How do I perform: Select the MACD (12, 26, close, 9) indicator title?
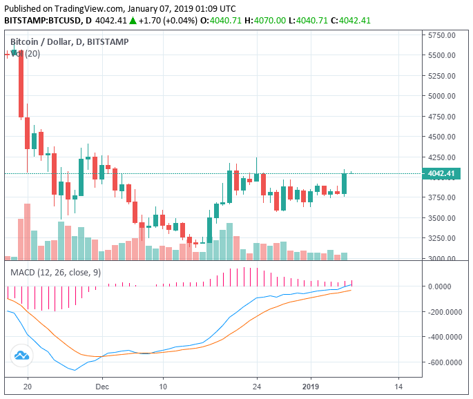tap(55, 273)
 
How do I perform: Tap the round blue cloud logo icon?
tap(21, 356)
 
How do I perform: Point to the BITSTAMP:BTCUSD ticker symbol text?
tap(43, 21)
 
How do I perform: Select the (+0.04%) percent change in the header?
tap(181, 21)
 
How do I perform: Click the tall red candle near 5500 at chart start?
tap(21, 83)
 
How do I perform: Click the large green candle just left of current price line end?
tap(345, 183)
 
